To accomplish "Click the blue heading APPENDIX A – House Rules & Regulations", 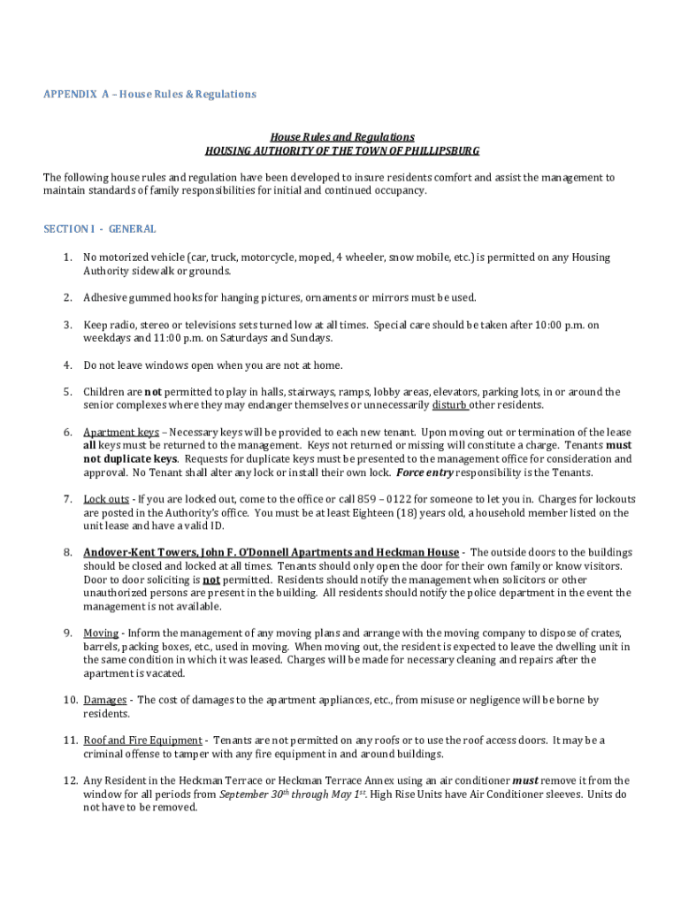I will (x=149, y=94).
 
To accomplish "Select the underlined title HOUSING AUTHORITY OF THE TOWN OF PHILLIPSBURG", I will (x=342, y=150).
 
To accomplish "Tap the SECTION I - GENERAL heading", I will (x=100, y=229).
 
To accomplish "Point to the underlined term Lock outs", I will (x=106, y=499).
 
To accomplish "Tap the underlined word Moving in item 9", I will (x=101, y=633).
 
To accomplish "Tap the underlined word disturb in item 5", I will (x=449, y=405).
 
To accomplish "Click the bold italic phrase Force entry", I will (x=425, y=472).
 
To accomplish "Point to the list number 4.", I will (x=67, y=365).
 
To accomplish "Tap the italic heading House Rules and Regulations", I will (x=342, y=137).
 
